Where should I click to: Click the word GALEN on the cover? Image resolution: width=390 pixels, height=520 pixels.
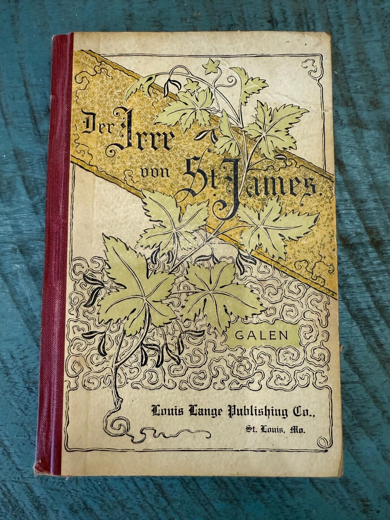[x=261, y=335]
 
